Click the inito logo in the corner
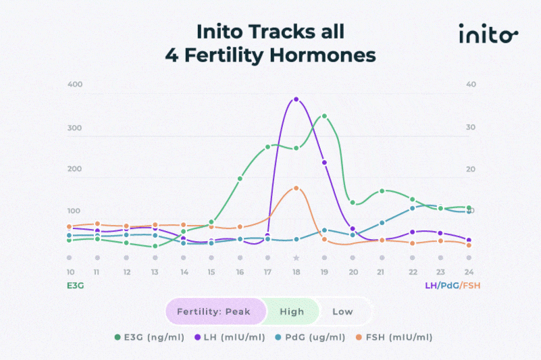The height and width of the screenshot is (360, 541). coord(488,33)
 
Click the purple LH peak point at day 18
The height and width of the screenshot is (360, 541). coord(296,99)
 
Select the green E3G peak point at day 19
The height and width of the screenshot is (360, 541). coord(324,116)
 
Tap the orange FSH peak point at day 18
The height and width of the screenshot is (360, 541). coord(296,188)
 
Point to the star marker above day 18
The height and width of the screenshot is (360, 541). coord(296,258)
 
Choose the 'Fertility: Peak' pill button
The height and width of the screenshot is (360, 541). coord(213,311)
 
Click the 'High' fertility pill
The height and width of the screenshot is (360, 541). coord(292,311)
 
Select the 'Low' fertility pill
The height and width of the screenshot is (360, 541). coord(342,311)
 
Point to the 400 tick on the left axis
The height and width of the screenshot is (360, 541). coord(74,84)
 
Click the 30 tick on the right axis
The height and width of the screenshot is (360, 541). coord(471,127)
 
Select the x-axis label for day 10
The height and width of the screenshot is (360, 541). coord(70,272)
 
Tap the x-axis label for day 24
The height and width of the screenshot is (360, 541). coord(469,272)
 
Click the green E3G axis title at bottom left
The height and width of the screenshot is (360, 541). coord(75,286)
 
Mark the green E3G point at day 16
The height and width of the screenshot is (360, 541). coord(240,179)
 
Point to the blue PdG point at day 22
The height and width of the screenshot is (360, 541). coord(412,208)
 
